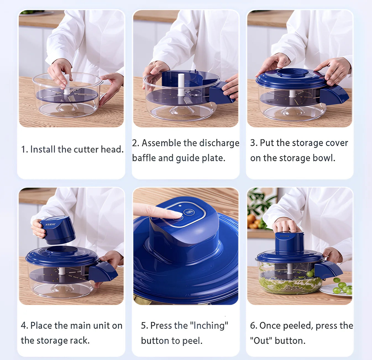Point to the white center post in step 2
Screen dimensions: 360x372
tap(181, 84)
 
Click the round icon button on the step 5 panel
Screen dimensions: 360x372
tap(189, 213)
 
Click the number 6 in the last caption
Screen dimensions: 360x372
tap(253, 326)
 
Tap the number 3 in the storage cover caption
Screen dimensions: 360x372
tap(253, 143)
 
